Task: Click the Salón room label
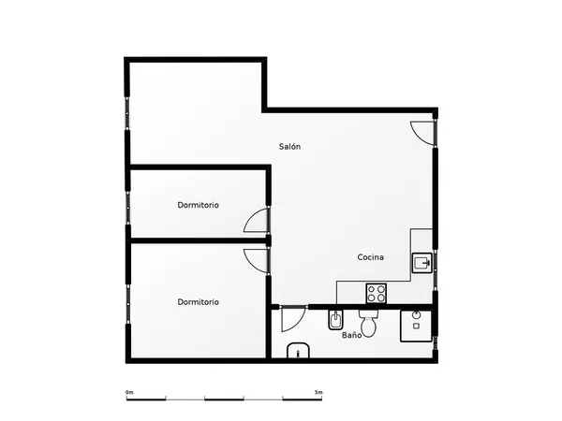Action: tap(289, 147)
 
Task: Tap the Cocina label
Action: tap(371, 257)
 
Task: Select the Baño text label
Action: tap(351, 335)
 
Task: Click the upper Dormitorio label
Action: tap(199, 205)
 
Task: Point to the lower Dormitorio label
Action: tap(199, 302)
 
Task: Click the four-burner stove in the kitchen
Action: tap(376, 293)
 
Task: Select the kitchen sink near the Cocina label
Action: tap(421, 263)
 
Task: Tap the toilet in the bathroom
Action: tap(368, 324)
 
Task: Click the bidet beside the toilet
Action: tap(335, 320)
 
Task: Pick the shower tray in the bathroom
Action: tap(416, 326)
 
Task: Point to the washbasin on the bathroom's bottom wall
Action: tap(298, 351)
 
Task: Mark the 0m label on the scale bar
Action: tap(129, 392)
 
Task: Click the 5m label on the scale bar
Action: tap(318, 392)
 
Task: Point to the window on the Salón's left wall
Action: tap(126, 113)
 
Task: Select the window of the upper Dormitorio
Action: tap(126, 208)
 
